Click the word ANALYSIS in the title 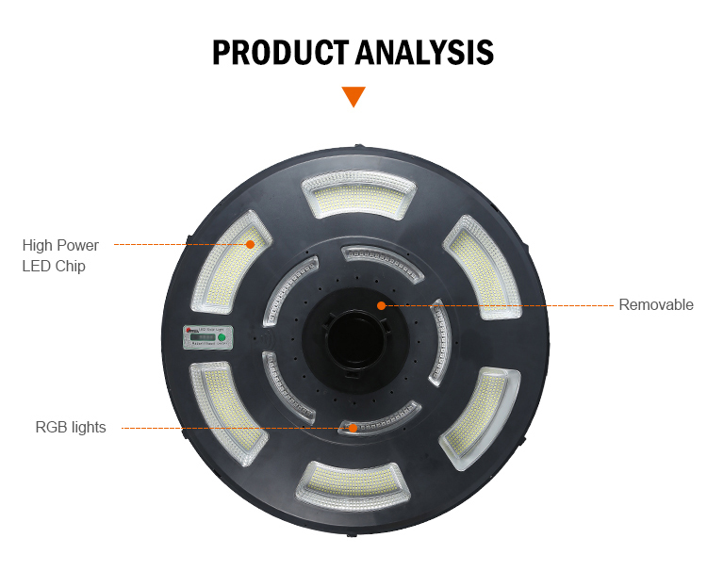(x=424, y=53)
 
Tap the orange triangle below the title (x=353, y=96)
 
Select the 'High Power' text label (x=60, y=245)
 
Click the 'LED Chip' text (x=54, y=267)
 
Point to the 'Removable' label (x=656, y=305)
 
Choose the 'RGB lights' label (x=71, y=428)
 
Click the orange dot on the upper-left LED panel (x=251, y=244)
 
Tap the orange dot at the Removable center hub (x=381, y=305)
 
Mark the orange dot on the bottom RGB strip (x=353, y=428)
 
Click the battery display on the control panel (x=201, y=336)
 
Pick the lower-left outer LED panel (x=224, y=414)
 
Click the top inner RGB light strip (x=382, y=255)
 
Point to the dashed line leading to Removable (x=500, y=305)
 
